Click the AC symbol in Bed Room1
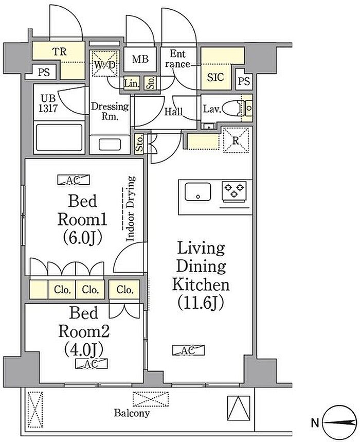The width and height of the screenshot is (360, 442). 74,180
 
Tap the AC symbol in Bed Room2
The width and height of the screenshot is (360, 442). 92,364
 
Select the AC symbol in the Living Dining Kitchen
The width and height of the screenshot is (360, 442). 188,350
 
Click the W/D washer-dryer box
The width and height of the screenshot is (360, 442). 104,63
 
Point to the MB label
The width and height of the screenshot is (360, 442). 140,59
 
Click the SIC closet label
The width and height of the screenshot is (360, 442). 215,77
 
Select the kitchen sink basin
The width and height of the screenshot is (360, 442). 198,192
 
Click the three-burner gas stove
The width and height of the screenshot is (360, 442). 234,191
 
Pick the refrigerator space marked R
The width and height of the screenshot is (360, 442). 236,140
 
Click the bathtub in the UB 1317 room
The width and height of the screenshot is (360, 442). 59,137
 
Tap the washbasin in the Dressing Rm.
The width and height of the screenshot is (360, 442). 110,145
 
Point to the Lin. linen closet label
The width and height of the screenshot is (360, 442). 132,83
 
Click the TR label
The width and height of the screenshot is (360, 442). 60,51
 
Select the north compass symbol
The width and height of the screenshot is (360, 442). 340,422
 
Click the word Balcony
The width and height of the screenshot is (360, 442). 132,413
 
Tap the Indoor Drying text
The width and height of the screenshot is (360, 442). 130,208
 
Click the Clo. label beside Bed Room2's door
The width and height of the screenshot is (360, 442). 124,290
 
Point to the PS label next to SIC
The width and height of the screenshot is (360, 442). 244,81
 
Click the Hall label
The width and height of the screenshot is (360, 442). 173,112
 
